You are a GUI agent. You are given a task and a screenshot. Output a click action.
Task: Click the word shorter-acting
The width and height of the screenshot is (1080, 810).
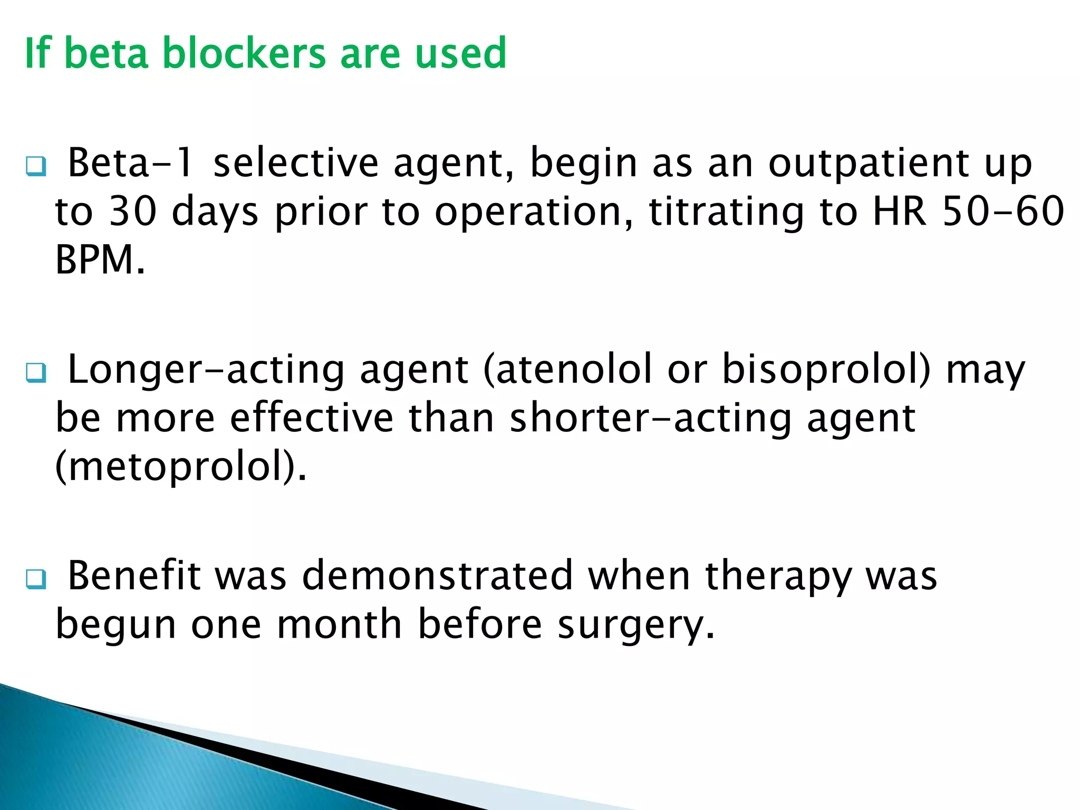[x=651, y=418]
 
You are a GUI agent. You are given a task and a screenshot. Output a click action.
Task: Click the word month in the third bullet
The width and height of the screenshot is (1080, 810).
[x=340, y=624]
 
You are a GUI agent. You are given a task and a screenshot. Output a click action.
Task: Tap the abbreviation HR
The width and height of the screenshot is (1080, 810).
[x=900, y=211]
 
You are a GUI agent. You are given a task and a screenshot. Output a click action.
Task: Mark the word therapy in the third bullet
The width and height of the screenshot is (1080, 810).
[x=778, y=576]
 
